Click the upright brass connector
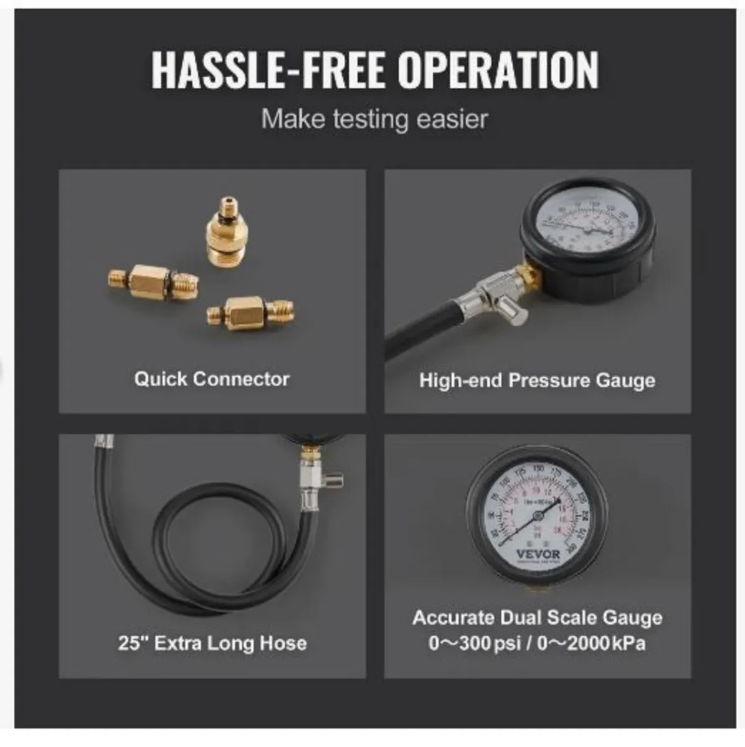click(222, 234)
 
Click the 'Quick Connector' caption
click(212, 378)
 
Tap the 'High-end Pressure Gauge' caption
click(537, 380)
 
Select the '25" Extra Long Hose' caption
click(212, 642)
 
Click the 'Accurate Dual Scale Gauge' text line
click(537, 618)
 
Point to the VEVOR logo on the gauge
click(539, 554)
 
